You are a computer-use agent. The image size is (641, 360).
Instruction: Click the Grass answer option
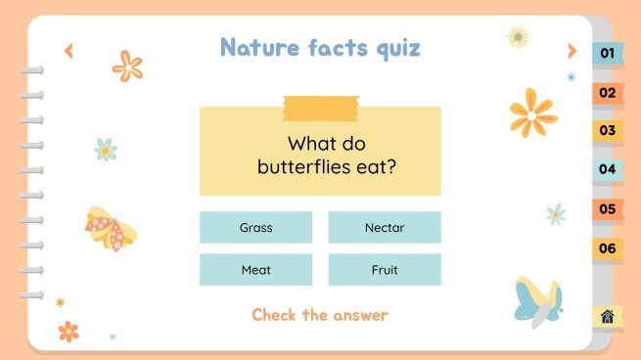tap(255, 228)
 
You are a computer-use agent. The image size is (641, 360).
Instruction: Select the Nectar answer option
tap(384, 228)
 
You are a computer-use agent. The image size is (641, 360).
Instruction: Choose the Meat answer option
tap(255, 270)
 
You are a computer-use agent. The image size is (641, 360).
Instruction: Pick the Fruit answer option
tap(384, 270)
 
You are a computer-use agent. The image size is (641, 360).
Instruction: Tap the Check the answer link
tap(320, 315)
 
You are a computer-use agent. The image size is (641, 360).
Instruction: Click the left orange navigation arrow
tap(69, 51)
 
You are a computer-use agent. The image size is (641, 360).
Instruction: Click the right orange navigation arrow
tap(572, 51)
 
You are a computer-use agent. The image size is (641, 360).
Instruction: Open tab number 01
tap(608, 54)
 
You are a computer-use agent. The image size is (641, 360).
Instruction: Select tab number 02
tap(608, 93)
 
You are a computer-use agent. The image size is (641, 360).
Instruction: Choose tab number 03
tap(608, 131)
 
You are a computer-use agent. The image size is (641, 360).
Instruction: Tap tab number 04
tap(608, 169)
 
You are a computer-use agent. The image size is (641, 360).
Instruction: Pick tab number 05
tap(608, 209)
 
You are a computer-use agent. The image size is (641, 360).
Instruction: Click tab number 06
tap(608, 248)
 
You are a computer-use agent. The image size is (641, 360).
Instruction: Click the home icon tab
tap(608, 316)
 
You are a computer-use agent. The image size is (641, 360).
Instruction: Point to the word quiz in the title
tap(389, 48)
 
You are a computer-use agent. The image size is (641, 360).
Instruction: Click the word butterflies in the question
tap(299, 166)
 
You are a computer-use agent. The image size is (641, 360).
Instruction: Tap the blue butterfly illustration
tap(538, 300)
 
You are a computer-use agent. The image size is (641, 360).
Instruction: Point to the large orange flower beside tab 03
tap(532, 112)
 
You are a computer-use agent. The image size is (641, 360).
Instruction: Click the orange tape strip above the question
tap(320, 102)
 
